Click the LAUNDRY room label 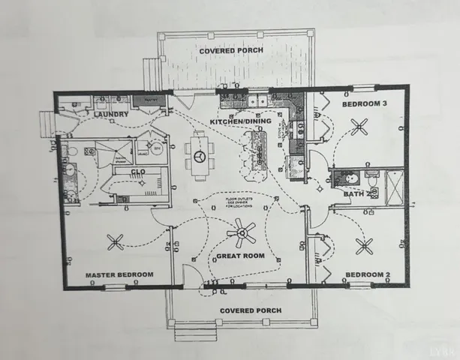111,115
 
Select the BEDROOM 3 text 365,105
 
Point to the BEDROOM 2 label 365,274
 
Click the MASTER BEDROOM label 119,274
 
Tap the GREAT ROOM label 242,256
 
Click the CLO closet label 139,172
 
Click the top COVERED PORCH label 230,51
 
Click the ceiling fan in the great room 242,234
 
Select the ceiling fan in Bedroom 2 365,244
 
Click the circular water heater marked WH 157,148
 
